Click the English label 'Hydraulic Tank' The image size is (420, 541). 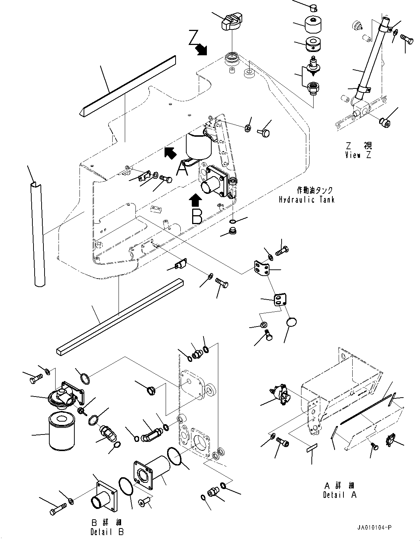click(x=306, y=200)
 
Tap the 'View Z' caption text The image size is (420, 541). click(x=358, y=155)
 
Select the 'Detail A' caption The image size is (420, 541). click(x=339, y=495)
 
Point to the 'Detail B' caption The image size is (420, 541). click(x=107, y=532)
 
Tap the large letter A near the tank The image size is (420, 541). click(x=182, y=169)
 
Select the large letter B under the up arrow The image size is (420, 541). click(x=197, y=216)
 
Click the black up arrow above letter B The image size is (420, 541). click(x=195, y=201)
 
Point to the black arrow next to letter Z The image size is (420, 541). click(x=201, y=50)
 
